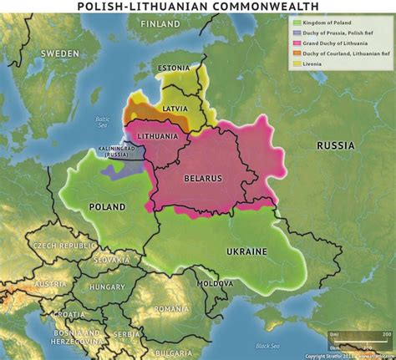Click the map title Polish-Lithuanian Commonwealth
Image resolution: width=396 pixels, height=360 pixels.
point(198,7)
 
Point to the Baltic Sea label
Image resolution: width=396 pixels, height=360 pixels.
point(102,121)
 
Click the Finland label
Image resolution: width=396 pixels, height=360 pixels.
point(160,25)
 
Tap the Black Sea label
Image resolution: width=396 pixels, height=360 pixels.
point(269,346)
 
